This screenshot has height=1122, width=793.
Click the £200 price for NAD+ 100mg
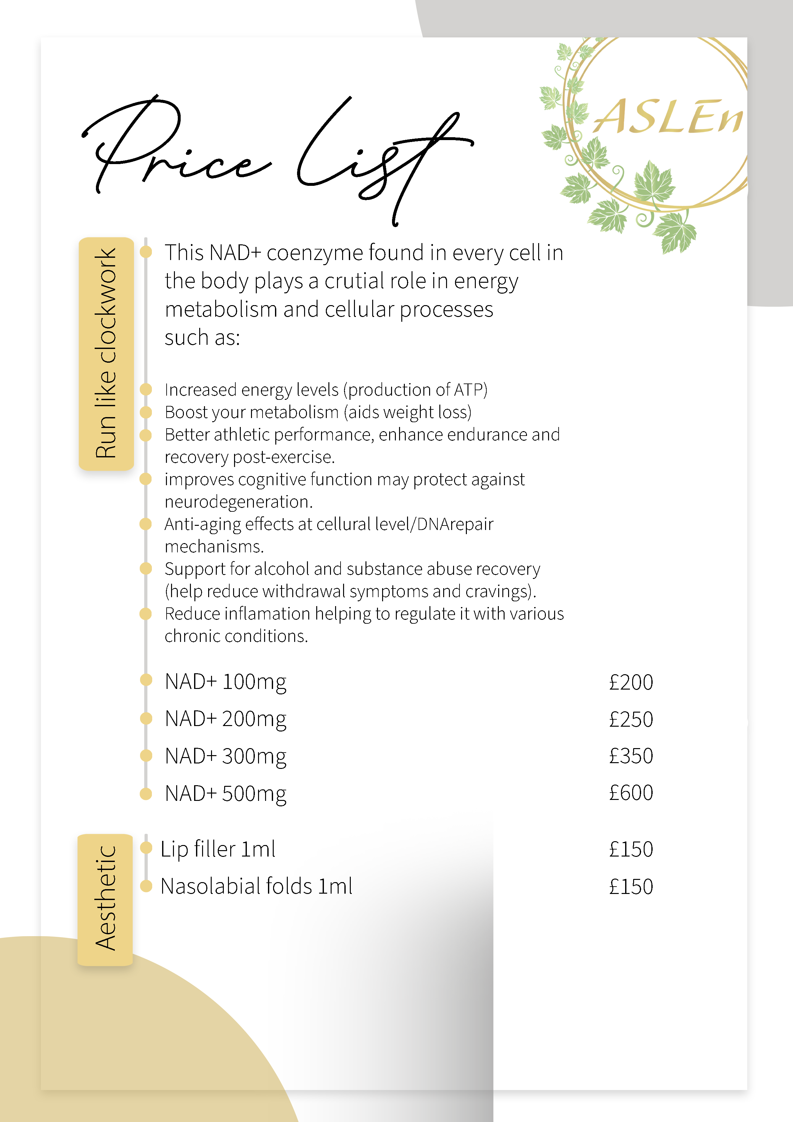click(x=631, y=682)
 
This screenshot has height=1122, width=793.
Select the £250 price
click(x=631, y=719)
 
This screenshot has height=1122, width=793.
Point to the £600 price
click(x=631, y=793)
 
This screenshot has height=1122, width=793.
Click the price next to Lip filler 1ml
click(x=631, y=849)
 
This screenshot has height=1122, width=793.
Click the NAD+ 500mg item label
click(x=225, y=794)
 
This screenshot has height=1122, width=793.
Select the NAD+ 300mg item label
click(x=225, y=756)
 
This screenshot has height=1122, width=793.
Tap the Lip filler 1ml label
click(x=218, y=849)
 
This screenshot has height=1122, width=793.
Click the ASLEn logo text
click(x=667, y=117)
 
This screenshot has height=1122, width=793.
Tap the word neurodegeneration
click(x=238, y=502)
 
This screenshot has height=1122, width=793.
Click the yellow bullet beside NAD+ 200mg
click(x=145, y=718)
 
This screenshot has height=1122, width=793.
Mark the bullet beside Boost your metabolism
click(x=145, y=412)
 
